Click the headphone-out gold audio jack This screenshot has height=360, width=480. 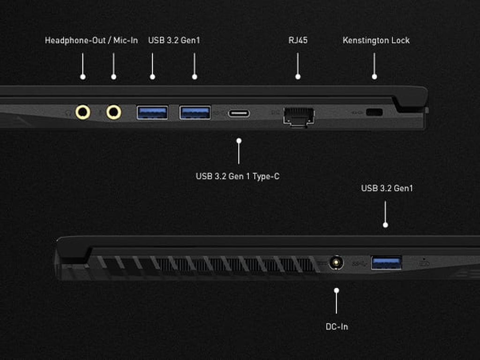point(83,112)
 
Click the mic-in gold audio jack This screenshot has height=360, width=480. point(113,112)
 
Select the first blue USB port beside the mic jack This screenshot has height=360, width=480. point(152,112)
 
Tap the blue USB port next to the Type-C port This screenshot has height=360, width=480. point(195,112)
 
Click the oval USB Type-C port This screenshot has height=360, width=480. point(239,113)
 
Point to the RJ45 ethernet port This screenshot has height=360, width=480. point(299,115)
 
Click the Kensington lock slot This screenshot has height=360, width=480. point(374,112)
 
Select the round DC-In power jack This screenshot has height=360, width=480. point(336,262)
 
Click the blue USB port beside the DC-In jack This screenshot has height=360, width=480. point(386,262)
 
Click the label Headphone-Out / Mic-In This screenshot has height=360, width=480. point(91,40)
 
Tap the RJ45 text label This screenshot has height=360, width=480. point(298,40)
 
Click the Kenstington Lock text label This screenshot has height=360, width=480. point(376,40)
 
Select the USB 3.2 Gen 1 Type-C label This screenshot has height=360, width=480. point(238,177)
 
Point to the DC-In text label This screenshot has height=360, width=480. point(337,327)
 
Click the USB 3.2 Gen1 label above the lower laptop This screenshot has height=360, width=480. point(387,188)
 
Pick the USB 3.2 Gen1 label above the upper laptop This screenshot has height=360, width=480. point(174,40)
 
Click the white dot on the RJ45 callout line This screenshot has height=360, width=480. point(298,76)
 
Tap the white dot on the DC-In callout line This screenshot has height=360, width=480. point(336,291)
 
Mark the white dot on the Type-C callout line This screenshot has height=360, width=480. point(239,140)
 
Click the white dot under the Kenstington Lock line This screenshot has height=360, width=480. point(374,76)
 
